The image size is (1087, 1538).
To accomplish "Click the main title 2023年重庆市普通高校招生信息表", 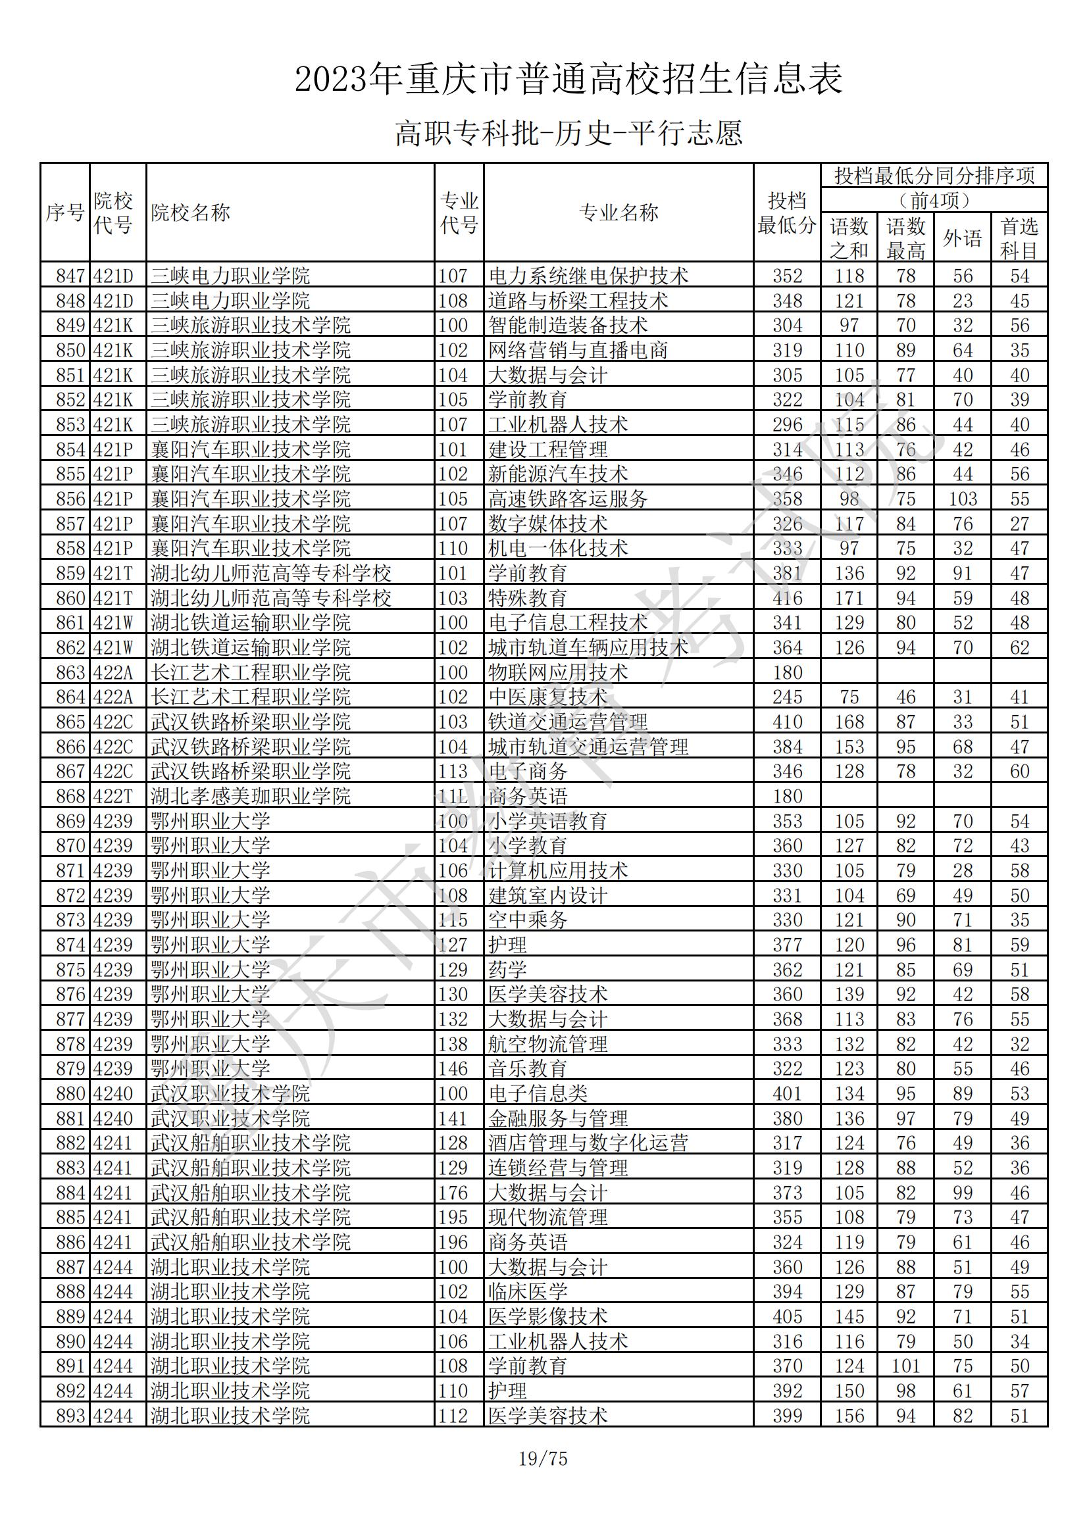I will [x=569, y=80].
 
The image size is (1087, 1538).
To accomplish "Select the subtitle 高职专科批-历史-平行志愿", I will [x=569, y=133].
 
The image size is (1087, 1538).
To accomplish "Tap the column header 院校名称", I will [x=190, y=213].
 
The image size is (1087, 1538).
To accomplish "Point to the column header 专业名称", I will [x=618, y=213].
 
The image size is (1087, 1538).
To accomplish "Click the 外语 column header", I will [x=963, y=237].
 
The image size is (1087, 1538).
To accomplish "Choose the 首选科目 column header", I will [x=1019, y=237].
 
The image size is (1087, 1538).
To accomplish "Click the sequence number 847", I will [x=70, y=276].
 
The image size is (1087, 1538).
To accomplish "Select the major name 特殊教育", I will [x=528, y=598].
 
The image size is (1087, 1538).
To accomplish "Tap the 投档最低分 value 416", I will [x=787, y=598].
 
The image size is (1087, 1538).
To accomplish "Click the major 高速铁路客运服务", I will [x=568, y=499].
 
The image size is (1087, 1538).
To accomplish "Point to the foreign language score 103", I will [x=963, y=499].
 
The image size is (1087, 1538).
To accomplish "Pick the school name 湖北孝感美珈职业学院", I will [x=251, y=797].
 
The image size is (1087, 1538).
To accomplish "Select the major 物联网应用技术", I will [x=557, y=672].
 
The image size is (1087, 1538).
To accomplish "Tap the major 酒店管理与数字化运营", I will [x=588, y=1143].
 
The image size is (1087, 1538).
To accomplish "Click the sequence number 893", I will [x=70, y=1416].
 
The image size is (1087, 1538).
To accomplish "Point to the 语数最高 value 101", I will [x=905, y=1366].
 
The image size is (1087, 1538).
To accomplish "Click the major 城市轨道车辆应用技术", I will [x=588, y=648].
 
